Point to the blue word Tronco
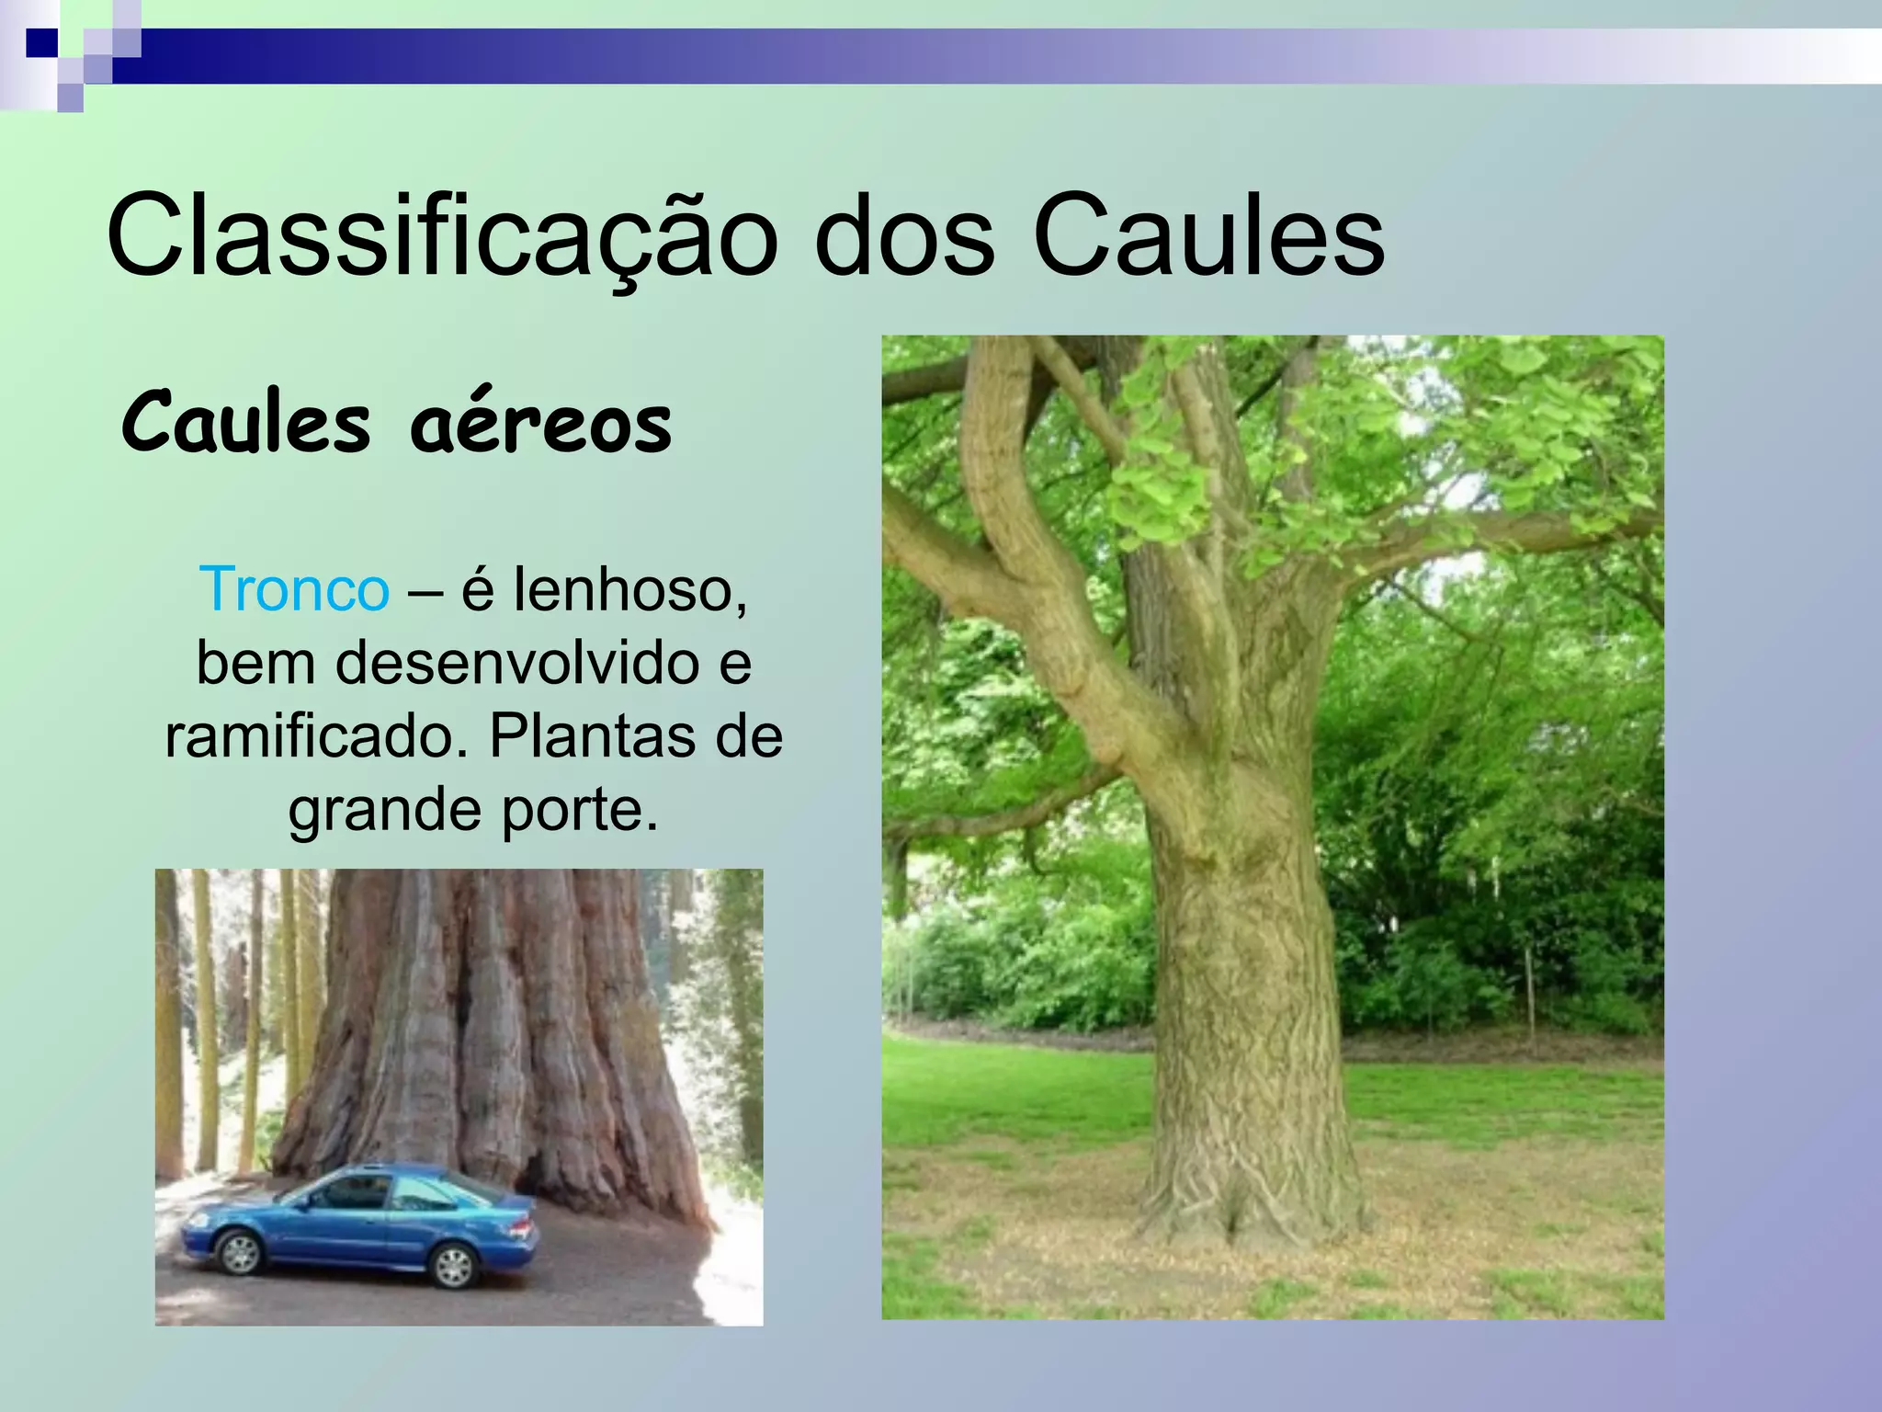294,589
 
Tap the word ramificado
317,736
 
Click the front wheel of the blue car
241,1253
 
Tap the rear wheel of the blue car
454,1267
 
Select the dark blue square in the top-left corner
41,42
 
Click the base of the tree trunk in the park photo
1250,1204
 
